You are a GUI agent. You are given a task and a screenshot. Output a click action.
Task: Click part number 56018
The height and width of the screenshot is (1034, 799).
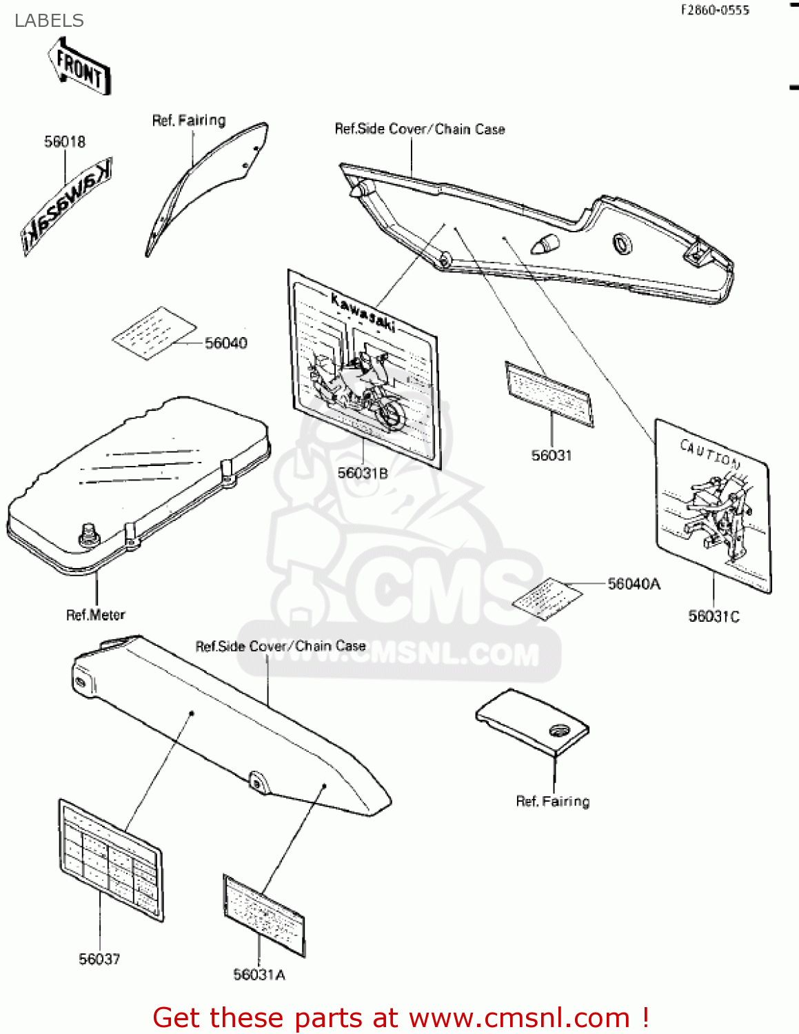pyautogui.click(x=65, y=142)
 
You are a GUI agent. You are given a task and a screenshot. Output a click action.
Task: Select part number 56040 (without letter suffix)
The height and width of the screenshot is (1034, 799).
pyautogui.click(x=225, y=343)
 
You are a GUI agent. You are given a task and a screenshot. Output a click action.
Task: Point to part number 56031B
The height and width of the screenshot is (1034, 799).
pyautogui.click(x=362, y=473)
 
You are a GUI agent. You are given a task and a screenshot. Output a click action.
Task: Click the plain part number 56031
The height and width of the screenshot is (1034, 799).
pyautogui.click(x=552, y=455)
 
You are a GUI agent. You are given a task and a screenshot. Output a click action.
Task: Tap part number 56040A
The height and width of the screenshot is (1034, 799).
pyautogui.click(x=634, y=584)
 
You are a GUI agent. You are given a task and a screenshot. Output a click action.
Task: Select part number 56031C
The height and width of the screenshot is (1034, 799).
pyautogui.click(x=714, y=616)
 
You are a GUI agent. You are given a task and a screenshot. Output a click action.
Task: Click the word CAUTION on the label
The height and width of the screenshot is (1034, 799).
pyautogui.click(x=710, y=453)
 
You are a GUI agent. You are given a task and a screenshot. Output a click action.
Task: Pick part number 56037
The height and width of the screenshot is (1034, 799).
pyautogui.click(x=99, y=959)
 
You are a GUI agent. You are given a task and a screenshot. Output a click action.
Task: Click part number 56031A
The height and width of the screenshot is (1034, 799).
pyautogui.click(x=259, y=974)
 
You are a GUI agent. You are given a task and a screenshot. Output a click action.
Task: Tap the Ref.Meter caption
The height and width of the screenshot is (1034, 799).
pyautogui.click(x=96, y=615)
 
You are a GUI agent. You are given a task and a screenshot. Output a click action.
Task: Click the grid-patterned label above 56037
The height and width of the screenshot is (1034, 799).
pyautogui.click(x=110, y=859)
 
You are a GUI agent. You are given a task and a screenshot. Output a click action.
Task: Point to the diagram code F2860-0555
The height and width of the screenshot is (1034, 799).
pyautogui.click(x=715, y=10)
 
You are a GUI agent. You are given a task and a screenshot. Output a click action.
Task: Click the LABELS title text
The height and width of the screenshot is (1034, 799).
pyautogui.click(x=49, y=21)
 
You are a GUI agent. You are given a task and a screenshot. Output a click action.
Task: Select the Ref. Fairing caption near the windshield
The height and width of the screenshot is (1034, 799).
pyautogui.click(x=189, y=121)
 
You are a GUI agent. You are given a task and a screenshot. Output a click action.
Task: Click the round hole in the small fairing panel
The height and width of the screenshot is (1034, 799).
pyautogui.click(x=557, y=730)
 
